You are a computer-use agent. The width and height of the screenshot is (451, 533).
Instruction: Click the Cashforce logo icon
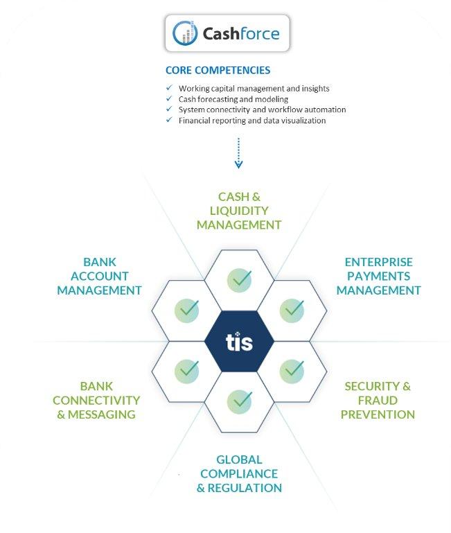185,33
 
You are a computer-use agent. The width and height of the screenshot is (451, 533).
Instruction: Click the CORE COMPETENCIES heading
218,71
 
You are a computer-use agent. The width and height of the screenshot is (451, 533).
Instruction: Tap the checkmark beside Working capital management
169,88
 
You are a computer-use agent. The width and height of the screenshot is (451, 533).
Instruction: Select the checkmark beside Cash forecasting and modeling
169,98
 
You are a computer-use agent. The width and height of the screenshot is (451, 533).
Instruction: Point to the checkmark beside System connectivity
169,109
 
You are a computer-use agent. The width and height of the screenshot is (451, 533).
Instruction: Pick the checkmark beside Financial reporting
169,120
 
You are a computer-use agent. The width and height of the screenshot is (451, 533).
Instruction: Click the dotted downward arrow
238,153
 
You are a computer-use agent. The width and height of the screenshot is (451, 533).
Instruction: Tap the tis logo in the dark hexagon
239,342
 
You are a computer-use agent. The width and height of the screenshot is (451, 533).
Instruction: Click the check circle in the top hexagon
239,280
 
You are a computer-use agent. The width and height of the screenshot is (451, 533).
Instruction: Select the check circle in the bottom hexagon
239,401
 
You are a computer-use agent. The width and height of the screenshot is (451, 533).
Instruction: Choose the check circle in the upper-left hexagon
186,311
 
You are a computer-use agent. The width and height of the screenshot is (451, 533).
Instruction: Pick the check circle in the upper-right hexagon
292,311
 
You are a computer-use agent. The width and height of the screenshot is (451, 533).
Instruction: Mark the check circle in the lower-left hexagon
186,372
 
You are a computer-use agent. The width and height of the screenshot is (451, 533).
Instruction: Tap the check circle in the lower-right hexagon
292,372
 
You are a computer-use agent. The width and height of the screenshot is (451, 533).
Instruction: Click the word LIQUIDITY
239,211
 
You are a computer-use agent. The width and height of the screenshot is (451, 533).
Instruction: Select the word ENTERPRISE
379,262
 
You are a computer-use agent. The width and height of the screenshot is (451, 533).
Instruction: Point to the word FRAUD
378,401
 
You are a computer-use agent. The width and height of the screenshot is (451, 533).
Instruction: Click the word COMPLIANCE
239,473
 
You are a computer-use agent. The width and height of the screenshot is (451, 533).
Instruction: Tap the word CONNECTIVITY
96,401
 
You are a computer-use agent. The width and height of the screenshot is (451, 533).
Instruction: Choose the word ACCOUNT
100,276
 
